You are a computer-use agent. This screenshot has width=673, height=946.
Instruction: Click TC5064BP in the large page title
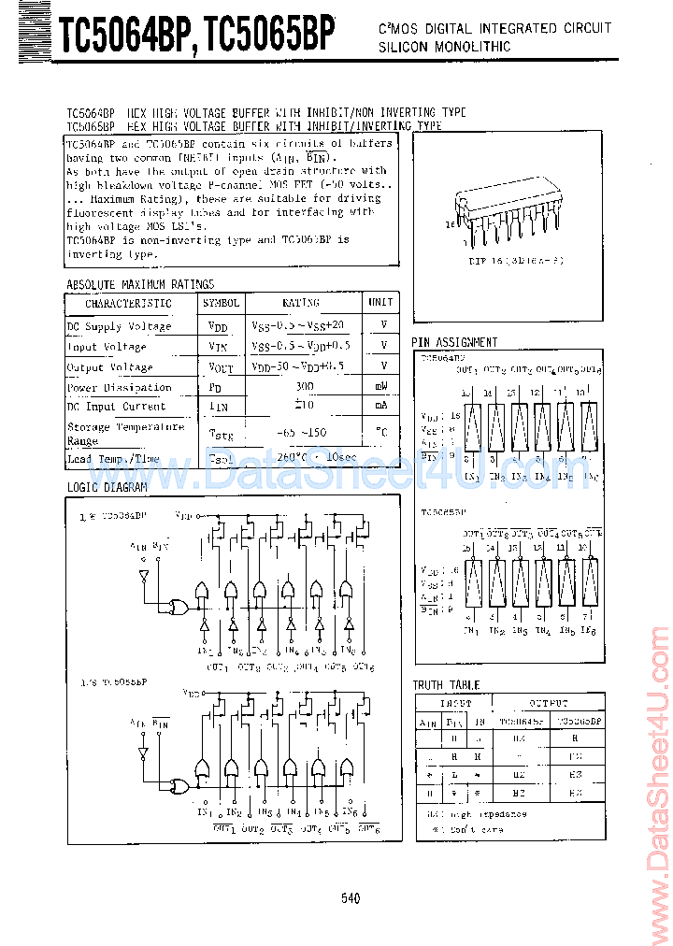tap(125, 36)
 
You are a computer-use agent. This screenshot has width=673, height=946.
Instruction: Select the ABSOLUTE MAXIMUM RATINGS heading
tap(140, 284)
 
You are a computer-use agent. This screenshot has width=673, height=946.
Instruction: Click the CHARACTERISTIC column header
tap(129, 304)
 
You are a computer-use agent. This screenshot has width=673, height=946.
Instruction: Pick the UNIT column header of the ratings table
tap(380, 303)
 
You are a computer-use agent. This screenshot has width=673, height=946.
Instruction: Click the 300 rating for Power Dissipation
tap(304, 386)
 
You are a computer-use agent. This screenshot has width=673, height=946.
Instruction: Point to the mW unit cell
tap(381, 386)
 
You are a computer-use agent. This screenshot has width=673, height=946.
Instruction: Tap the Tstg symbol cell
tap(220, 433)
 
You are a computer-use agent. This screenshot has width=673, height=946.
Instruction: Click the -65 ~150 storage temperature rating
tap(304, 433)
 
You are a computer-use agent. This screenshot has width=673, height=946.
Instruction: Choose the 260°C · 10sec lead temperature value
tap(304, 458)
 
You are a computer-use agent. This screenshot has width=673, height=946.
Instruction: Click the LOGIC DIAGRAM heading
tap(107, 488)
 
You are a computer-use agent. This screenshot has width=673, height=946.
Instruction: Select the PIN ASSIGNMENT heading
tap(455, 342)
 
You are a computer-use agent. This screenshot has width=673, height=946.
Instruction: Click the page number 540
tap(351, 898)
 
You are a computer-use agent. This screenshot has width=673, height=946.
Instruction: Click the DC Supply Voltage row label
tap(119, 326)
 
